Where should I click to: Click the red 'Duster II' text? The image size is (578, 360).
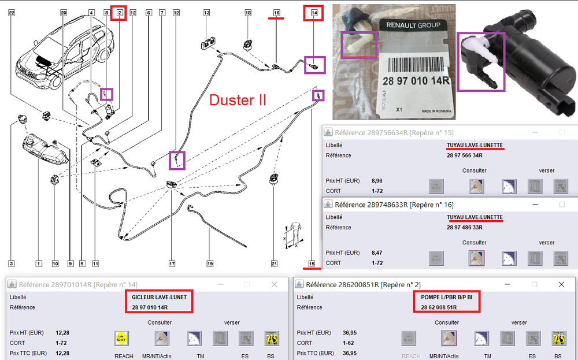click(238, 99)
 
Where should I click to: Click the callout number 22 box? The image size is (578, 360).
click(12, 12)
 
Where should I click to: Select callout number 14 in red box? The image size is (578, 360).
click(314, 12)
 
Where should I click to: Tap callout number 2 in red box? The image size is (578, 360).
click(119, 12)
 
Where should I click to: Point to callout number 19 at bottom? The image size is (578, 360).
click(210, 263)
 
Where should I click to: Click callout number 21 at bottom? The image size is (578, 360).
click(274, 263)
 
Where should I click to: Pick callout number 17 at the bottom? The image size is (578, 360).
click(172, 263)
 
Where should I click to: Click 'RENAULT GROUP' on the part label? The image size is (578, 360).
click(413, 25)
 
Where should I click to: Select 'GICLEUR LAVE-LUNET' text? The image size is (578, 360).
click(160, 296)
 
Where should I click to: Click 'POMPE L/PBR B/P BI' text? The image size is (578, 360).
click(447, 296)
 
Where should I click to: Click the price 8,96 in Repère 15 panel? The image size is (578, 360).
click(377, 181)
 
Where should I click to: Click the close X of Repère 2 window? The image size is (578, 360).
click(561, 284)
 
